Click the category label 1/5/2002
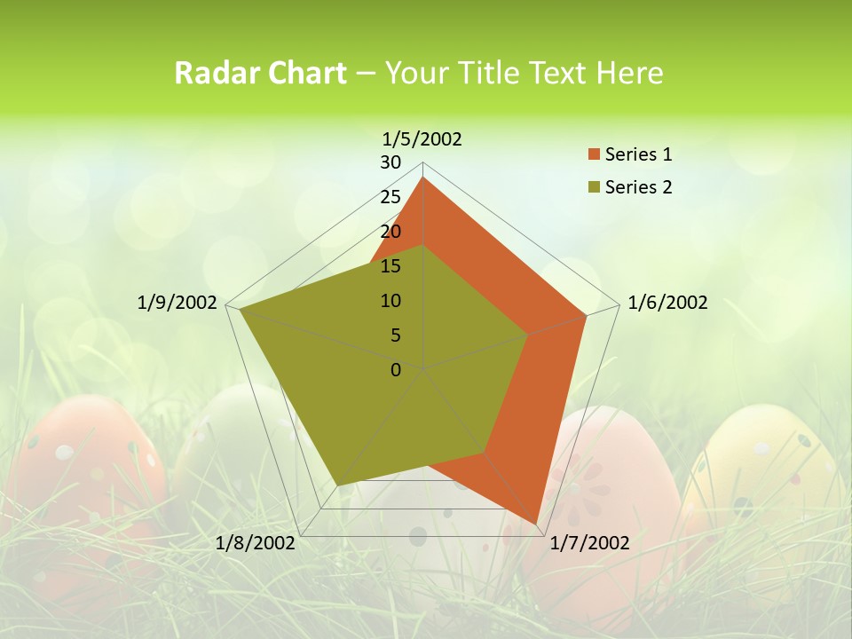[422, 139]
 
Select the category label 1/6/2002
[667, 303]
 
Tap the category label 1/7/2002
[589, 543]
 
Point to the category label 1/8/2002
[255, 543]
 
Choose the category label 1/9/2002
[177, 303]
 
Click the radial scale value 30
[390, 162]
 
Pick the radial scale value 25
[390, 197]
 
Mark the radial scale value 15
[390, 266]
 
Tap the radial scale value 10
[390, 301]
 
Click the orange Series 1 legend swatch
[594, 155]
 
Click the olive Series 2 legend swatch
[594, 187]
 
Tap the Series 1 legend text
[638, 155]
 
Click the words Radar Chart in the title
[260, 74]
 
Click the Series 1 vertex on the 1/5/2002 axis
[423, 177]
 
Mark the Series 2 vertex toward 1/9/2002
[240, 309]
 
